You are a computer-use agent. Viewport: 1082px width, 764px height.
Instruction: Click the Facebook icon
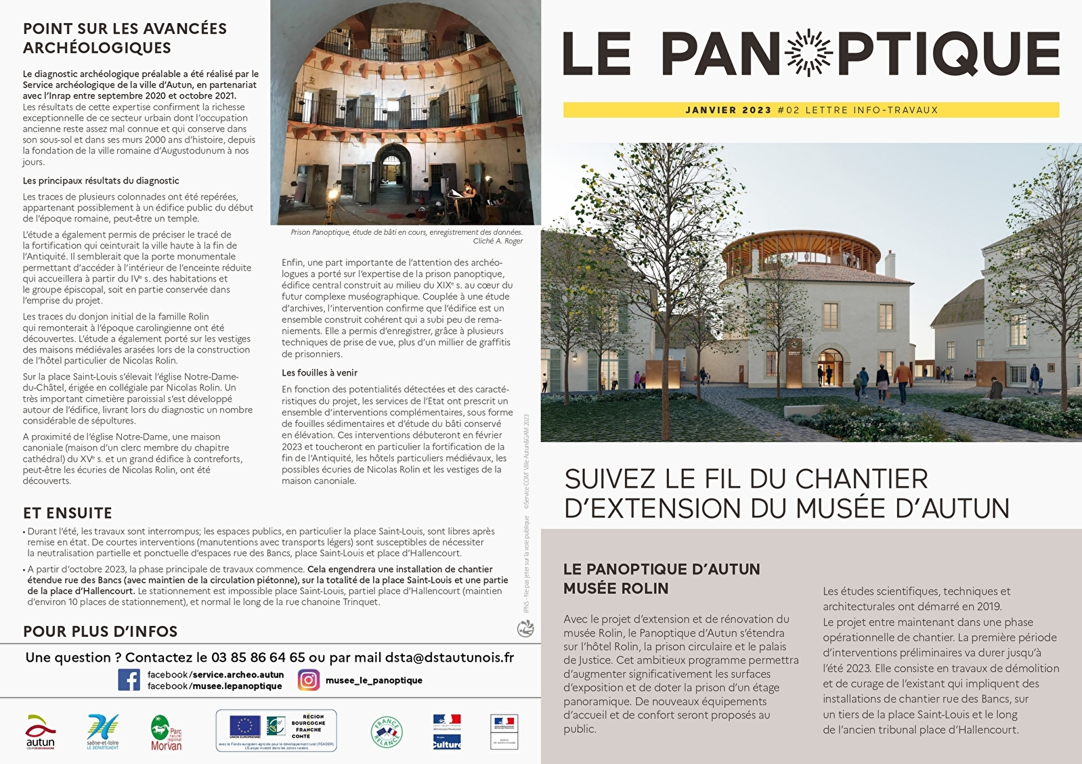pyautogui.click(x=129, y=679)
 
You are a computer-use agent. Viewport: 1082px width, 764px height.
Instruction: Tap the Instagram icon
pyautogui.click(x=309, y=679)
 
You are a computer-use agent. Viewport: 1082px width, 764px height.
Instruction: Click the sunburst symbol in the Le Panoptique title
pyautogui.click(x=809, y=53)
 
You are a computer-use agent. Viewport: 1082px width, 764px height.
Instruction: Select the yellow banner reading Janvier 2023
pyautogui.click(x=810, y=110)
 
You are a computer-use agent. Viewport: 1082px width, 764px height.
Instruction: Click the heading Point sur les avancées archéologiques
pyautogui.click(x=125, y=38)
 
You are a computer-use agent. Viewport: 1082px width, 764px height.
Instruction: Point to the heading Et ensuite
pyautogui.click(x=68, y=513)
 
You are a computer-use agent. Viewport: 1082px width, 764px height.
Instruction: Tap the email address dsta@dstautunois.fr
pyautogui.click(x=449, y=657)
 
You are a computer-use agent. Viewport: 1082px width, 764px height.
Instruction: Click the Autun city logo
pyautogui.click(x=40, y=732)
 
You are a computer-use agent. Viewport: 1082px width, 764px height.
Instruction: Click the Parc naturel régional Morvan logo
pyautogui.click(x=166, y=733)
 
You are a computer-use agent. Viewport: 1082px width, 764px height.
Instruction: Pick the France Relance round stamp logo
pyautogui.click(x=387, y=732)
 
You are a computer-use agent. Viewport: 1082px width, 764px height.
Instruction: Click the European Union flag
pyautogui.click(x=245, y=726)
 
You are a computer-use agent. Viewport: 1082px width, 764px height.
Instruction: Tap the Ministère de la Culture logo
pyautogui.click(x=446, y=732)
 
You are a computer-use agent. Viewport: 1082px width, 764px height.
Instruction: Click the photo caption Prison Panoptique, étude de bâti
pyautogui.click(x=406, y=232)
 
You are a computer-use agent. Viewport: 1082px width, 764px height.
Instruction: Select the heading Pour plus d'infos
pyautogui.click(x=100, y=631)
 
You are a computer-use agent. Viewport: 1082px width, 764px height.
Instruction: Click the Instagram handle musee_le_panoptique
pyautogui.click(x=374, y=680)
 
